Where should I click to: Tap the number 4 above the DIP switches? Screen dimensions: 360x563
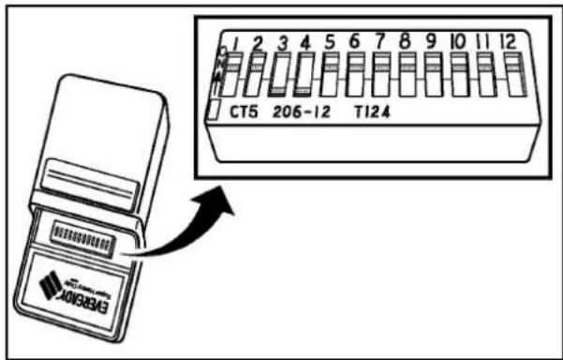click(x=304, y=42)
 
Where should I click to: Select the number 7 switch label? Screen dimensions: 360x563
click(x=380, y=42)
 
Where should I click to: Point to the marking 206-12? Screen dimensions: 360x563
click(x=301, y=112)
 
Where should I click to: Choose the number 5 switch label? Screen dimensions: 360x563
click(x=329, y=42)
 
